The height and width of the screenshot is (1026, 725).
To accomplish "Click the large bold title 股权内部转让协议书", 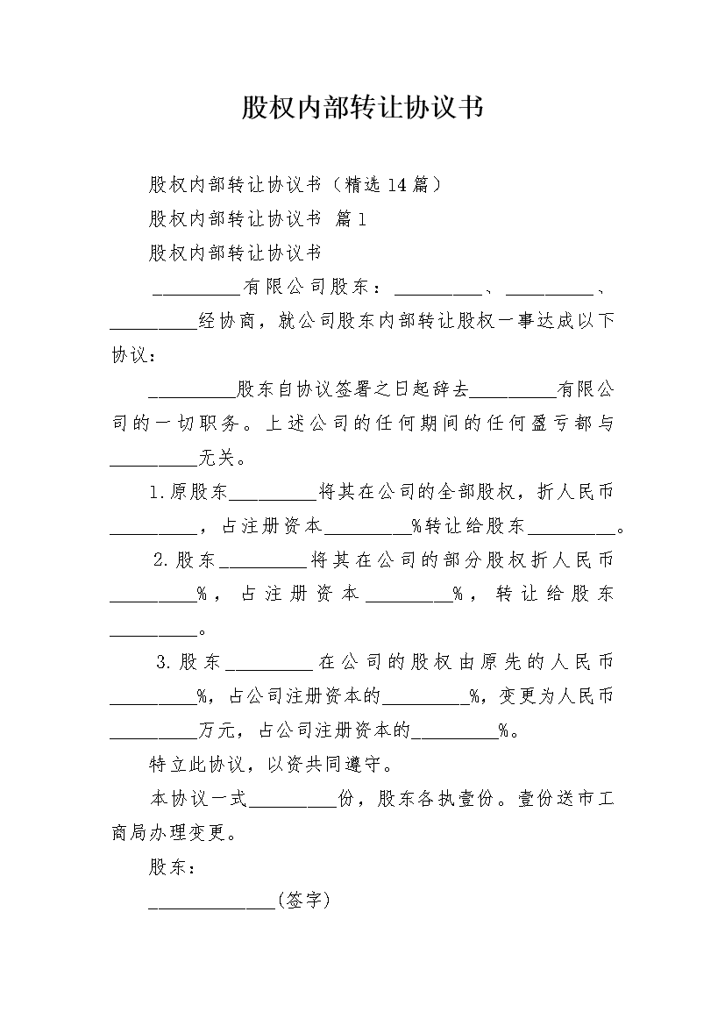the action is [363, 107].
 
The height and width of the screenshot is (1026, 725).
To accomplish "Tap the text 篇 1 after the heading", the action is [351, 218].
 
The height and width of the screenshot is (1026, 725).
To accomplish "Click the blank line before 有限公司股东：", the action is [197, 294].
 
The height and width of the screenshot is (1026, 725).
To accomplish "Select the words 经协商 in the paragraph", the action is [226, 321].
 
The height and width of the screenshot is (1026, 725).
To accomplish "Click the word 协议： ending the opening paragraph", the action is [134, 355].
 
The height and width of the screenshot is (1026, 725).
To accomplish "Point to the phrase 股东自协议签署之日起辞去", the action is [352, 389].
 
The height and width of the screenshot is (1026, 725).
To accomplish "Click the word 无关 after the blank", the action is [216, 458].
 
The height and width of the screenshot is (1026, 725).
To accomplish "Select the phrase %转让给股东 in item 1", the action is [468, 525].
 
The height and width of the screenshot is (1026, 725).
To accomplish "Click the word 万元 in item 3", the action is [216, 730].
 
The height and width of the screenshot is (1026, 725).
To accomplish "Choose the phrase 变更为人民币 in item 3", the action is [556, 695].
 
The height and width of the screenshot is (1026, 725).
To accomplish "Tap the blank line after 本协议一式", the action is [293, 805].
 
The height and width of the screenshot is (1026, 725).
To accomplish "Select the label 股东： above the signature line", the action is [172, 867].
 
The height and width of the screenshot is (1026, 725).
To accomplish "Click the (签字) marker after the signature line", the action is [303, 901].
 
